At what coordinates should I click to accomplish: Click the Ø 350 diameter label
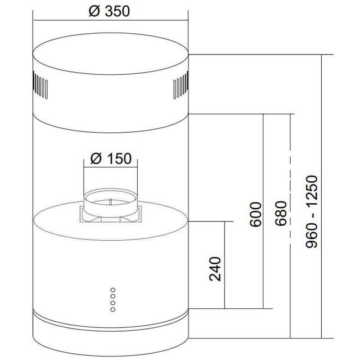[x=109, y=11]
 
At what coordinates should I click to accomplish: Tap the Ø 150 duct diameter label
[x=111, y=158]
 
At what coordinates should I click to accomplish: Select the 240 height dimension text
[x=215, y=269]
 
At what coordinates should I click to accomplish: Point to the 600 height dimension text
[x=256, y=215]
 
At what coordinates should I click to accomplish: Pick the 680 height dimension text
[x=281, y=213]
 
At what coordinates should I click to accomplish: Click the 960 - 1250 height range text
[x=311, y=211]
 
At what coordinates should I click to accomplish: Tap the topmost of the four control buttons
[x=113, y=290]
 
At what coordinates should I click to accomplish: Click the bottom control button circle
[x=113, y=310]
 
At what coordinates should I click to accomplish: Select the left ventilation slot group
[x=40, y=85]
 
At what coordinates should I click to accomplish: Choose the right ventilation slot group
[x=181, y=85]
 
